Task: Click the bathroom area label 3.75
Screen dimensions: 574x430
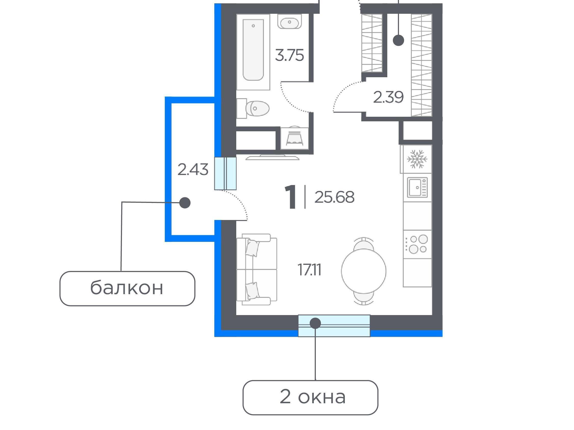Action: [x=289, y=55]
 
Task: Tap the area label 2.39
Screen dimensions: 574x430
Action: [x=388, y=97]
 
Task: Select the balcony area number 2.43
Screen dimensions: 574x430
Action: [x=193, y=170]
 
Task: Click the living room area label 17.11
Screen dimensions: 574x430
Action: [x=309, y=270]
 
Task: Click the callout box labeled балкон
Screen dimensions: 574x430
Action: [x=127, y=289]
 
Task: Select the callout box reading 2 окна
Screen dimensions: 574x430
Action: [x=310, y=398]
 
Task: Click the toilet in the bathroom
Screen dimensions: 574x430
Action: [x=253, y=108]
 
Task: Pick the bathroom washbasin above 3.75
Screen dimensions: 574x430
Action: [x=290, y=21]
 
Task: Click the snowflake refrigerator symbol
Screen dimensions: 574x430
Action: [x=417, y=159]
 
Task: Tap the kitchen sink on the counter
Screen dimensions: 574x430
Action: [x=417, y=187]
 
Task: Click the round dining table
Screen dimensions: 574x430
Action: [x=364, y=271]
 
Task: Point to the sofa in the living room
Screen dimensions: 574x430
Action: [x=257, y=269]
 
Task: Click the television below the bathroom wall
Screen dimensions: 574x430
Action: [x=272, y=157]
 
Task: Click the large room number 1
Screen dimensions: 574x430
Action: [x=291, y=197]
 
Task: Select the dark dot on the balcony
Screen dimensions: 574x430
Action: [x=185, y=203]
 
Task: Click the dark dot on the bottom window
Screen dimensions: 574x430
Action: [x=315, y=323]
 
